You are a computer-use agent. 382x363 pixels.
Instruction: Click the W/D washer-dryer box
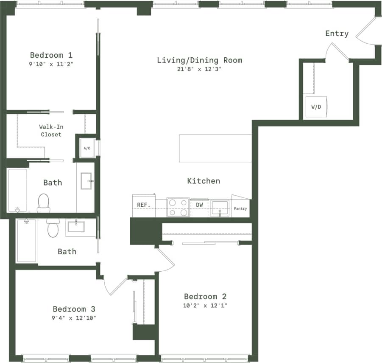coord(316,107)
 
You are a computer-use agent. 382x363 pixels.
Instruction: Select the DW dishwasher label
coord(199,205)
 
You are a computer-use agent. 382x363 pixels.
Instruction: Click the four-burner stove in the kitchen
coord(178,207)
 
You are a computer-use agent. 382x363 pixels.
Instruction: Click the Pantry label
coord(240,208)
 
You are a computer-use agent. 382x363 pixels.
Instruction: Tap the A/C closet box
coord(87,148)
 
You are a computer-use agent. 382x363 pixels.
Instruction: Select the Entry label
coord(337,34)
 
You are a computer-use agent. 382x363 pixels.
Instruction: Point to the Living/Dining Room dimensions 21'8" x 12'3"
coord(199,69)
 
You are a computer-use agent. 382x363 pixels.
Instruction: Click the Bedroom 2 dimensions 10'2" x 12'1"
coord(206,305)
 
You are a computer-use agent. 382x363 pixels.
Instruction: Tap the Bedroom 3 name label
coord(74,309)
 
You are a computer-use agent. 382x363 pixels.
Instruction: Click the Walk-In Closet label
coord(51,130)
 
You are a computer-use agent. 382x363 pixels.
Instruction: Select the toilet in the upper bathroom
coord(44,203)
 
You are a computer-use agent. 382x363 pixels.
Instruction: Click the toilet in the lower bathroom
coord(53,228)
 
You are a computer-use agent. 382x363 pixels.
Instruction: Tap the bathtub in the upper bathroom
coord(18,189)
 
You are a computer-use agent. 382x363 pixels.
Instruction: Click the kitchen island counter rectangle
coord(215,148)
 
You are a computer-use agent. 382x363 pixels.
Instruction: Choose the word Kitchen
coord(204,181)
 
